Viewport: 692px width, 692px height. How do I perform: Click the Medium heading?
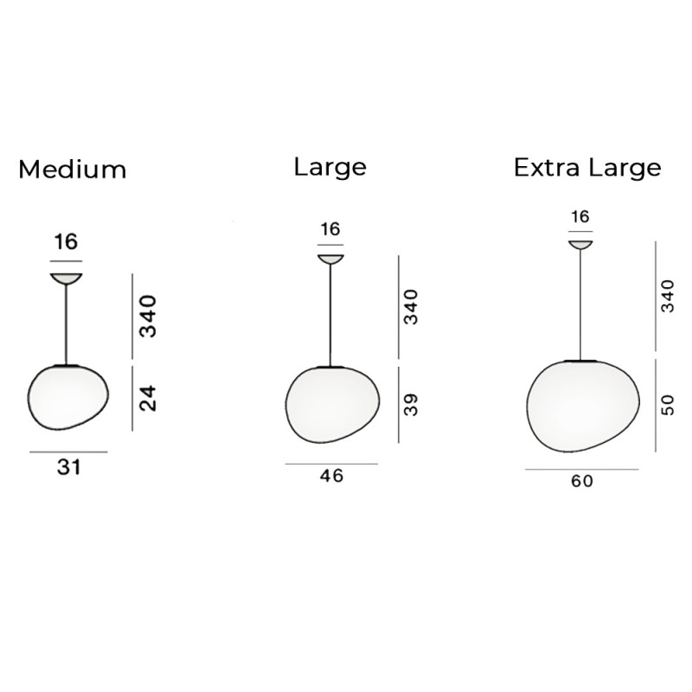pyautogui.click(x=72, y=169)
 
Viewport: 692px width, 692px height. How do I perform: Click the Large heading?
pyautogui.click(x=330, y=166)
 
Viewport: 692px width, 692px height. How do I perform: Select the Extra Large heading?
pyautogui.click(x=587, y=167)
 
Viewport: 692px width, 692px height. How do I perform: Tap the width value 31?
pyautogui.click(x=68, y=467)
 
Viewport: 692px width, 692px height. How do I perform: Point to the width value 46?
pyautogui.click(x=331, y=476)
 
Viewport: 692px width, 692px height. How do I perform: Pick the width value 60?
pyautogui.click(x=582, y=481)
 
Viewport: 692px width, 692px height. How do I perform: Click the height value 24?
pyautogui.click(x=148, y=397)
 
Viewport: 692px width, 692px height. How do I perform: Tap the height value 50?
pyautogui.click(x=667, y=404)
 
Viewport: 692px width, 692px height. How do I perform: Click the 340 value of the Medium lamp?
pyautogui.click(x=148, y=317)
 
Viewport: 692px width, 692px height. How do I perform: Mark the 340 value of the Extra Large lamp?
pyautogui.click(x=667, y=296)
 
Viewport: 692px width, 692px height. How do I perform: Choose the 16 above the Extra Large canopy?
pyautogui.click(x=580, y=216)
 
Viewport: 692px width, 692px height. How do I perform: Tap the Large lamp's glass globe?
pyautogui.click(x=330, y=403)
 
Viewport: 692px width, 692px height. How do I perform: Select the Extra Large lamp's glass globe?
pyautogui.click(x=582, y=405)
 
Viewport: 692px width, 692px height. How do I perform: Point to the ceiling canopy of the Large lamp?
pyautogui.click(x=330, y=259)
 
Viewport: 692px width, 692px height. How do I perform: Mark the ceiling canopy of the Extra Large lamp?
pyautogui.click(x=580, y=244)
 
